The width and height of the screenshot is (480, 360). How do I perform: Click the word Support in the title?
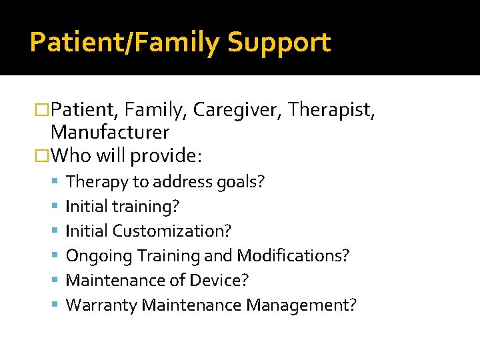(x=279, y=43)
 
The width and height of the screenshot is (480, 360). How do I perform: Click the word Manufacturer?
(x=110, y=132)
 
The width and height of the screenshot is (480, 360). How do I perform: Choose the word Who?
(x=70, y=156)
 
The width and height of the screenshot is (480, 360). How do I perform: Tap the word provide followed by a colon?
(x=166, y=157)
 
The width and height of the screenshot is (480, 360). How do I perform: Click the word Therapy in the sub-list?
(x=93, y=182)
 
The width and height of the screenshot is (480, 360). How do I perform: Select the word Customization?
(x=172, y=231)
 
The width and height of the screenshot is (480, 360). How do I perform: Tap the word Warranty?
(x=101, y=305)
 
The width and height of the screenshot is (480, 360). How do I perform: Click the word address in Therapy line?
(x=185, y=182)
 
